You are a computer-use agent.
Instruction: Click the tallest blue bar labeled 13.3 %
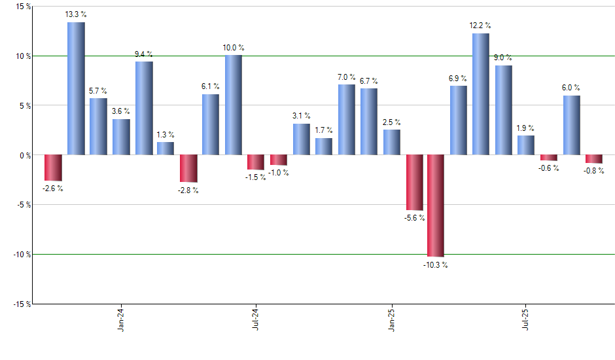click(x=76, y=88)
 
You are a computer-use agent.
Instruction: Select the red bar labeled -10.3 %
click(x=436, y=206)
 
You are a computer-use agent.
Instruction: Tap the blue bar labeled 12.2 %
click(x=481, y=94)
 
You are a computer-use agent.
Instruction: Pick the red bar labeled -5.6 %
click(x=414, y=183)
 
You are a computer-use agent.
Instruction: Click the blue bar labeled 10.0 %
click(x=234, y=105)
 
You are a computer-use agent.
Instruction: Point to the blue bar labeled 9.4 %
click(x=144, y=108)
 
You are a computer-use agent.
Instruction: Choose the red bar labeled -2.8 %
click(x=188, y=168)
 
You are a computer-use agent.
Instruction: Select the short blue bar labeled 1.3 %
click(x=166, y=149)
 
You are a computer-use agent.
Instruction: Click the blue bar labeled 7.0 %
click(x=347, y=120)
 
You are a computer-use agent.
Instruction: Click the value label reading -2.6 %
click(x=52, y=189)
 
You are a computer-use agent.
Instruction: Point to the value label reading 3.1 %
click(x=302, y=116)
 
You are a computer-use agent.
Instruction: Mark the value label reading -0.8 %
click(x=594, y=171)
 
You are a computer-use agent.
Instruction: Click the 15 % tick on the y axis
click(x=23, y=7)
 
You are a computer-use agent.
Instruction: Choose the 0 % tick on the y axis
click(x=25, y=155)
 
